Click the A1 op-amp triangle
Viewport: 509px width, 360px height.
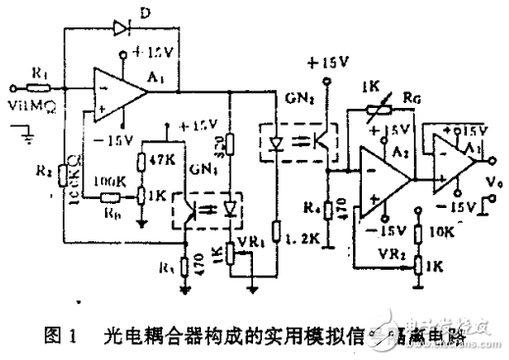pyautogui.click(x=117, y=93)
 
